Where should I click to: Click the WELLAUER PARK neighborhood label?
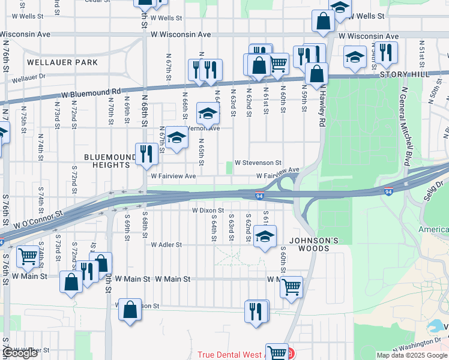pos(62,62)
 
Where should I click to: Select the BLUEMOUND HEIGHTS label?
pos(107,161)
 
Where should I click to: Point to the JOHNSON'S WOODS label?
pos(309,244)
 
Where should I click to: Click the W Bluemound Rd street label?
pos(91,93)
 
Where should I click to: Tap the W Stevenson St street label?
pos(258,163)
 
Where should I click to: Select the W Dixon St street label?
pos(208,211)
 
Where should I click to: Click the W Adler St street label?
pos(166,245)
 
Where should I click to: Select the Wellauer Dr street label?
pos(28,77)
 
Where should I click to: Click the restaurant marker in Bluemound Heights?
pos(146,154)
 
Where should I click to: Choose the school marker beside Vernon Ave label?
pos(208,113)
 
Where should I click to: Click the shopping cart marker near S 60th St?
pos(291,287)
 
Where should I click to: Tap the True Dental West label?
pos(234,355)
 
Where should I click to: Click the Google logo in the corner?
pos(20,353)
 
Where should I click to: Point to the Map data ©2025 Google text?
pos(412,355)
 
